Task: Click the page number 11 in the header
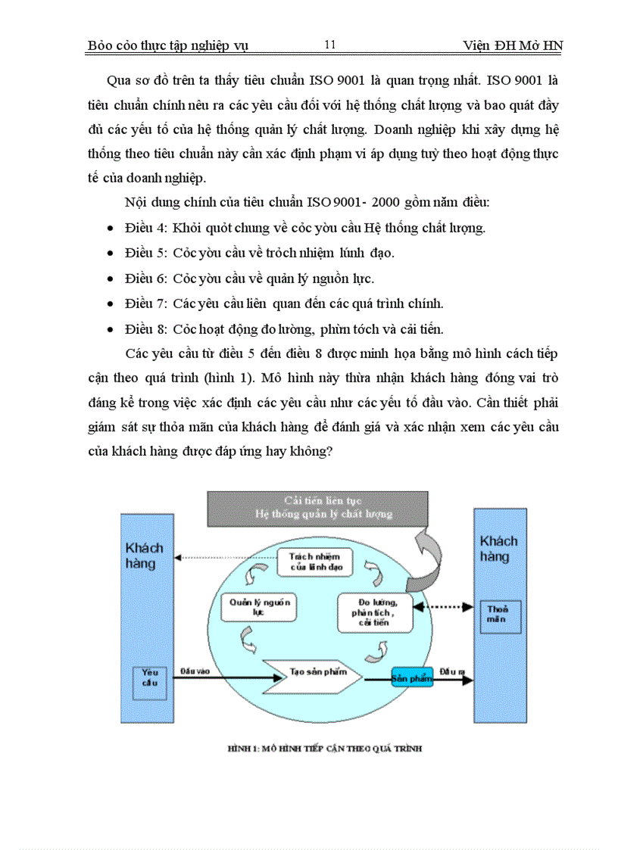click(x=329, y=45)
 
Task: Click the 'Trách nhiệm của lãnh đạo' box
click(x=314, y=561)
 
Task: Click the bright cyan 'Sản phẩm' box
click(x=411, y=678)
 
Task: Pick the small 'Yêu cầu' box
click(x=150, y=677)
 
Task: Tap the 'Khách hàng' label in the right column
click(x=499, y=548)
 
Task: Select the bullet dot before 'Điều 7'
click(x=111, y=304)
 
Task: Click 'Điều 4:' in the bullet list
click(x=147, y=228)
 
